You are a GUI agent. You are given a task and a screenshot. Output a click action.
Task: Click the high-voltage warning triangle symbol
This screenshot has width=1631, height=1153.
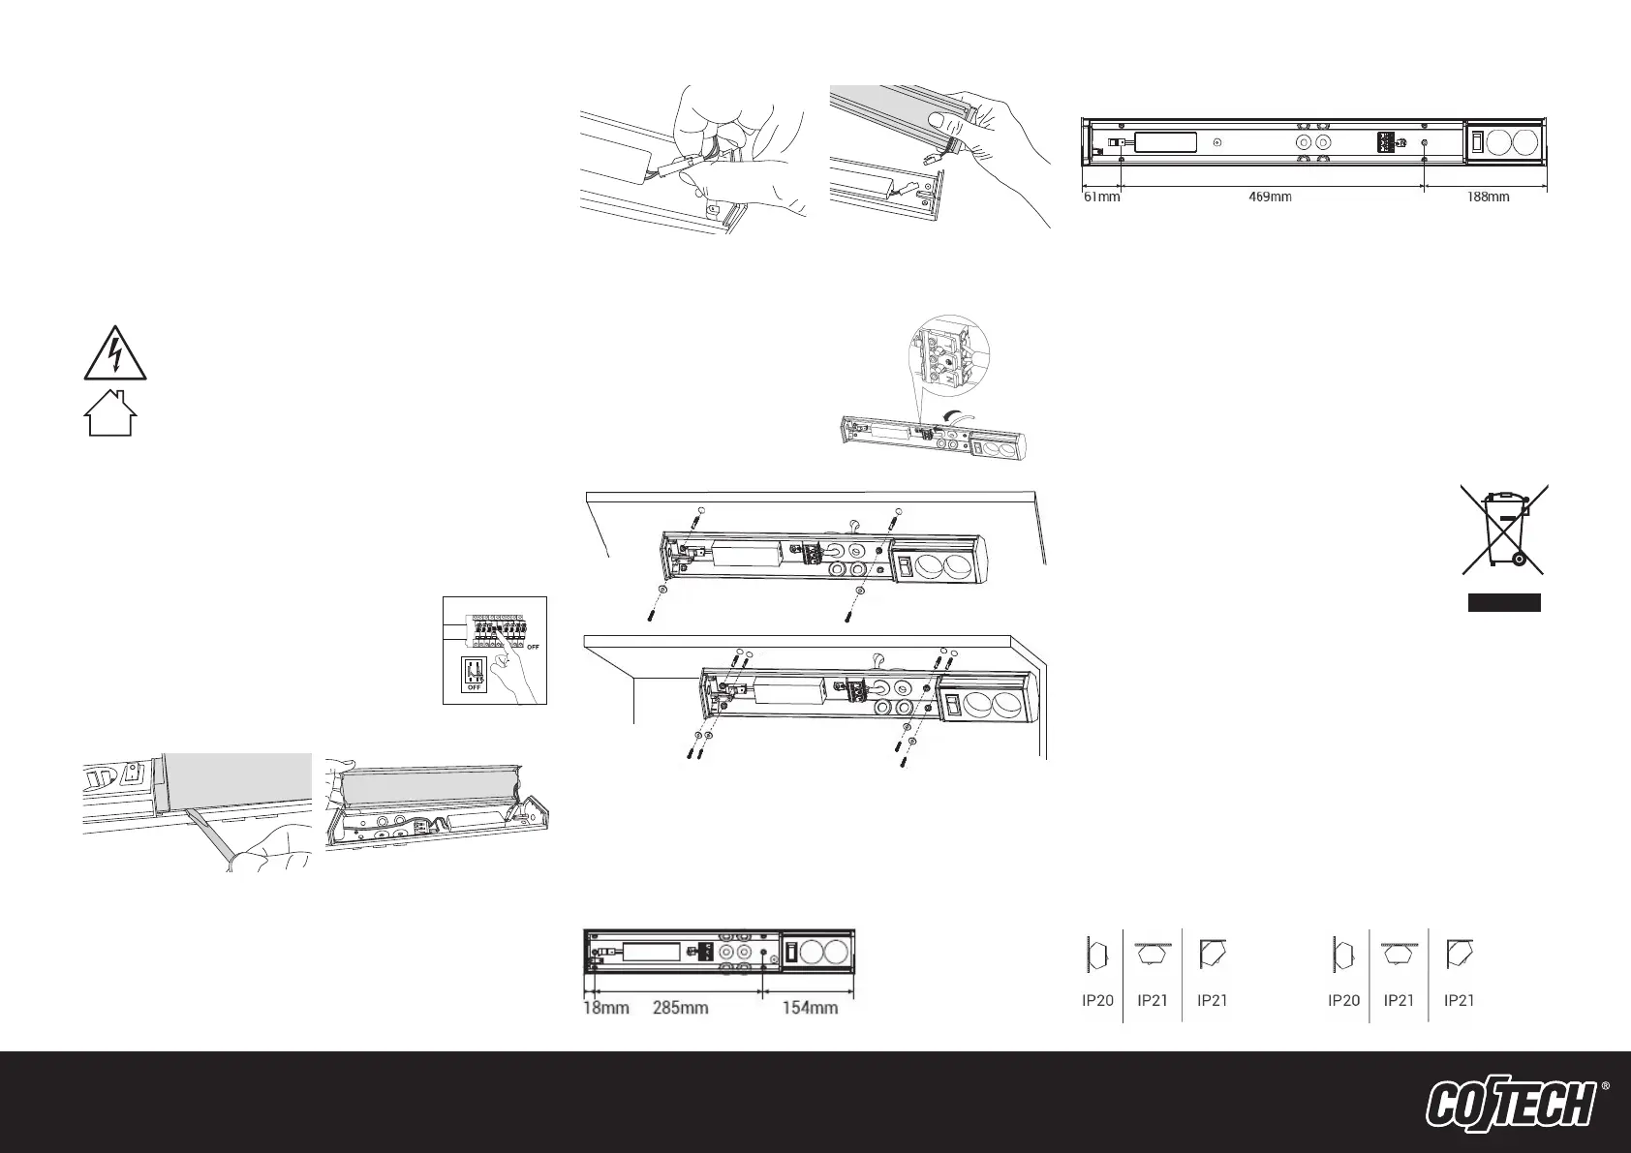114,353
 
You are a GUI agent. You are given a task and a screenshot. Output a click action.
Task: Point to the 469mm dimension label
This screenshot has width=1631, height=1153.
1271,197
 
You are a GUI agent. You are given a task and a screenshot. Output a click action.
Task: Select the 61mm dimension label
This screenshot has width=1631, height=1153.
1101,197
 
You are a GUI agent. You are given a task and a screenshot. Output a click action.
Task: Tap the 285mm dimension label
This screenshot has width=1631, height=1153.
680,1008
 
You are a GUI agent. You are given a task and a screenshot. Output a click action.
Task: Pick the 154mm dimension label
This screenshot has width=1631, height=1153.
810,1008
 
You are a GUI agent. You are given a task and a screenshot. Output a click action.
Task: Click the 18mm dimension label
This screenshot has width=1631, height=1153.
606,1008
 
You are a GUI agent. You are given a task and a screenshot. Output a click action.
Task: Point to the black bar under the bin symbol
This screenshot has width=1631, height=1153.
1504,603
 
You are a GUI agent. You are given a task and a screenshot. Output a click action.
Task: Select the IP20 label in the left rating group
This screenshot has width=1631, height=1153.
1097,1001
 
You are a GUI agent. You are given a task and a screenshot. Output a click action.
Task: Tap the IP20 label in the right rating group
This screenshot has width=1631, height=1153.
1343,1001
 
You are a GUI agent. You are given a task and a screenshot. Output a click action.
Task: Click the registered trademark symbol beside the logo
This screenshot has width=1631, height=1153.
1606,1087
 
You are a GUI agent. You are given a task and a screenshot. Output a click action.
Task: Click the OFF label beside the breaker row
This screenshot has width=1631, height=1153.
533,647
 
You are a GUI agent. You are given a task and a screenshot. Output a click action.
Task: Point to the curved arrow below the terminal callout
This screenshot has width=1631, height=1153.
952,416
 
